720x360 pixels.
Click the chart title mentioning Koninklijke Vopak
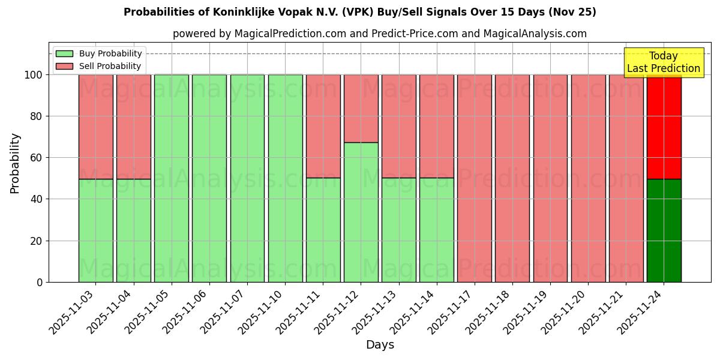359,12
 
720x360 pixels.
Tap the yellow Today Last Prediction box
663,62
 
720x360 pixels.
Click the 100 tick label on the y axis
33,75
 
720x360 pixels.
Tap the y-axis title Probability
15,163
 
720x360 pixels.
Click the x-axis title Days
380,345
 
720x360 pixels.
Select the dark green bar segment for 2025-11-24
664,230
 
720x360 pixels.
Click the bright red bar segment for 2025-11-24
664,127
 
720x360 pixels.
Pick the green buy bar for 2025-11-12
361,212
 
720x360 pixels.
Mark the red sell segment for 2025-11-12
361,109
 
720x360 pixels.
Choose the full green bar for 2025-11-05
171,178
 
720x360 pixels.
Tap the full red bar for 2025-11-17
474,178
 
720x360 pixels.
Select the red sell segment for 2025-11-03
95,127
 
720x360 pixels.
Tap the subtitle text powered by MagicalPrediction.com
379,34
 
